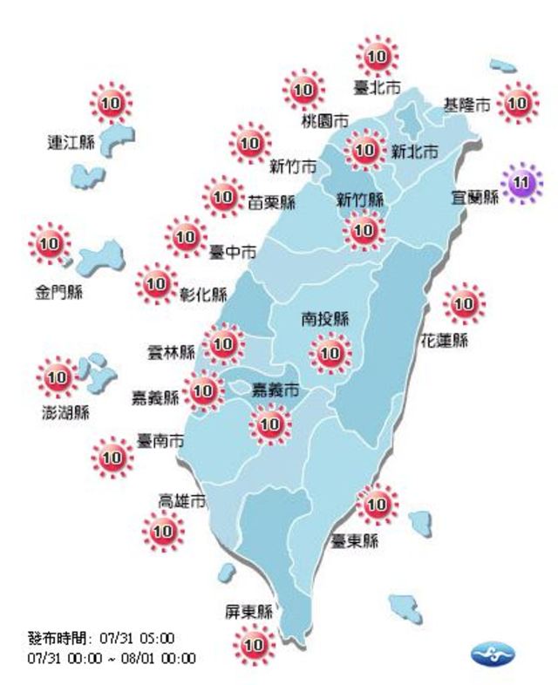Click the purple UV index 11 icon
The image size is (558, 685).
(x=521, y=182)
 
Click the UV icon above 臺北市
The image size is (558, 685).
(x=378, y=58)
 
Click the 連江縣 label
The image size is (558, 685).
(x=71, y=142)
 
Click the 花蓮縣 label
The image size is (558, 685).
(x=446, y=340)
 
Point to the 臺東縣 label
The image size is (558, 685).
(x=354, y=541)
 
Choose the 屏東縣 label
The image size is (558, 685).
(x=248, y=611)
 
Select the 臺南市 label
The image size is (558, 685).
(x=160, y=442)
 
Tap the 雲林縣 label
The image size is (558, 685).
(x=173, y=353)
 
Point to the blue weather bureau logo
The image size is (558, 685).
(x=493, y=653)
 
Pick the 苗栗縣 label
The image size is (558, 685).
(x=271, y=202)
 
